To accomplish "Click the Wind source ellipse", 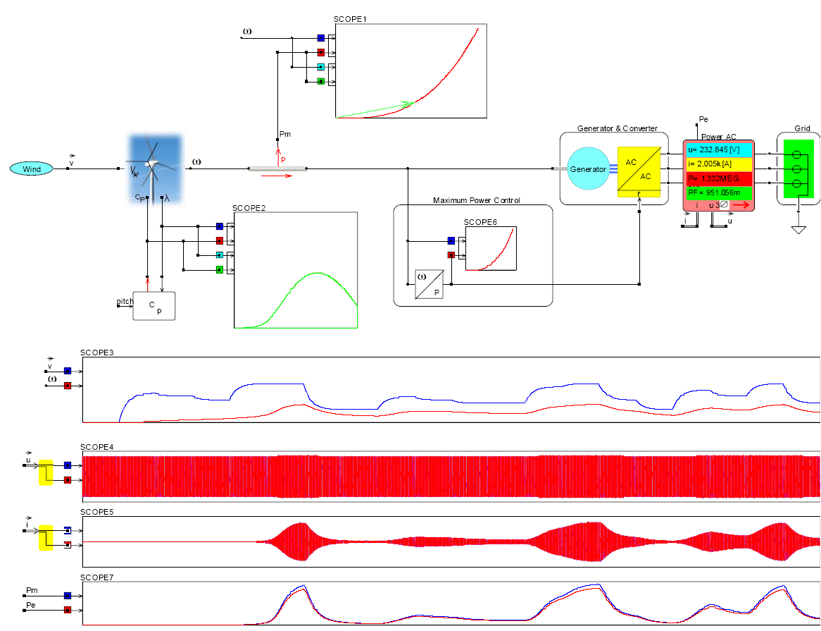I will pos(32,169).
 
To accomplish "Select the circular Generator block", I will pos(588,169).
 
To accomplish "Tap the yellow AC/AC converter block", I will pos(639,169).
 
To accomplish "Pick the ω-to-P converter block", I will pos(429,284).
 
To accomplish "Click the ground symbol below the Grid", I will pos(798,229).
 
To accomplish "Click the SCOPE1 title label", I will pos(351,19).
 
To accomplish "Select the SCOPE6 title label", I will pos(480,222).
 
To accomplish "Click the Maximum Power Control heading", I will pos(477,200).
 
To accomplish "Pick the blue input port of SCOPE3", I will pos(68,370).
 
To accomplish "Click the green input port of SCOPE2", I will pos(220,269).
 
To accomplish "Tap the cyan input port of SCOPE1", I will pos(320,67).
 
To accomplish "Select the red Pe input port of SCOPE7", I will pos(68,610).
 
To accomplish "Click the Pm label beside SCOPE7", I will pos(32,589).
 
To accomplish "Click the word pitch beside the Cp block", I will pos(125,302).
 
